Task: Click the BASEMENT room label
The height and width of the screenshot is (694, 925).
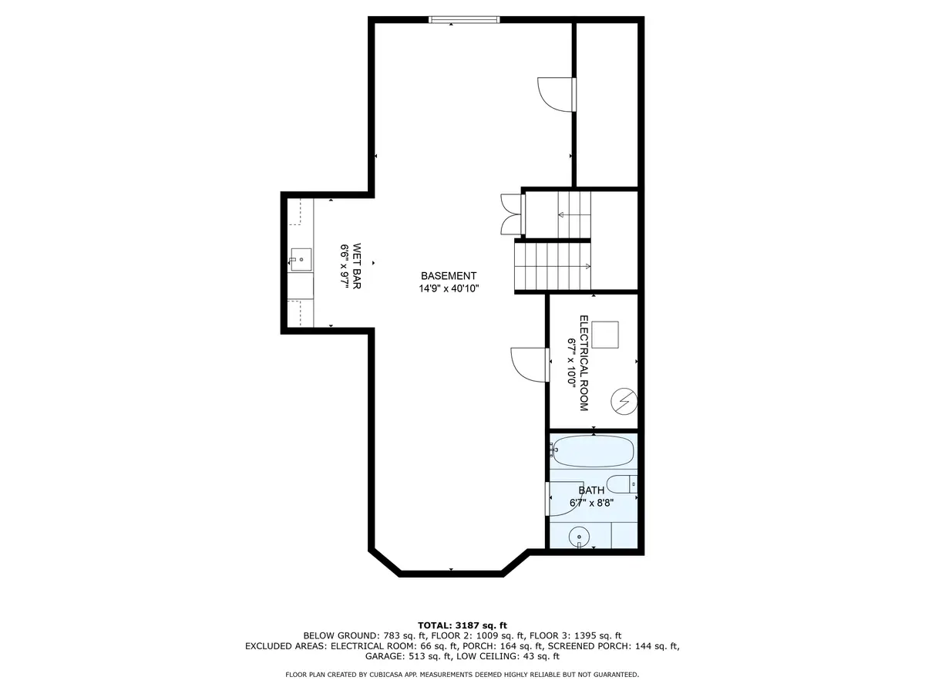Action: pos(449,276)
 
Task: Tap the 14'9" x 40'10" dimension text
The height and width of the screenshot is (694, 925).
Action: pos(449,288)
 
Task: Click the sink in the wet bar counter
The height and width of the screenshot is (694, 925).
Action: pos(301,258)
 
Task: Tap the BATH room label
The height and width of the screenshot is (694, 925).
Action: pos(591,490)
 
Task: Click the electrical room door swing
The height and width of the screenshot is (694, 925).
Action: pos(528,362)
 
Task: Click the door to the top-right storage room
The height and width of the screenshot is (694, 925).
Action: pos(555,94)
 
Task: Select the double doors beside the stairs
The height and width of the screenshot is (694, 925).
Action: pos(511,214)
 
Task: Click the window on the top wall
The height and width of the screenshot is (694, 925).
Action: pos(464,19)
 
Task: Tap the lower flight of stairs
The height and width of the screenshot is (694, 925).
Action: pos(552,266)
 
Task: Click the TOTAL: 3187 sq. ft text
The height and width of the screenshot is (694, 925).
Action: pos(462,625)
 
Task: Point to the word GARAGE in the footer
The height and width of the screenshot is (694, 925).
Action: pos(384,657)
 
